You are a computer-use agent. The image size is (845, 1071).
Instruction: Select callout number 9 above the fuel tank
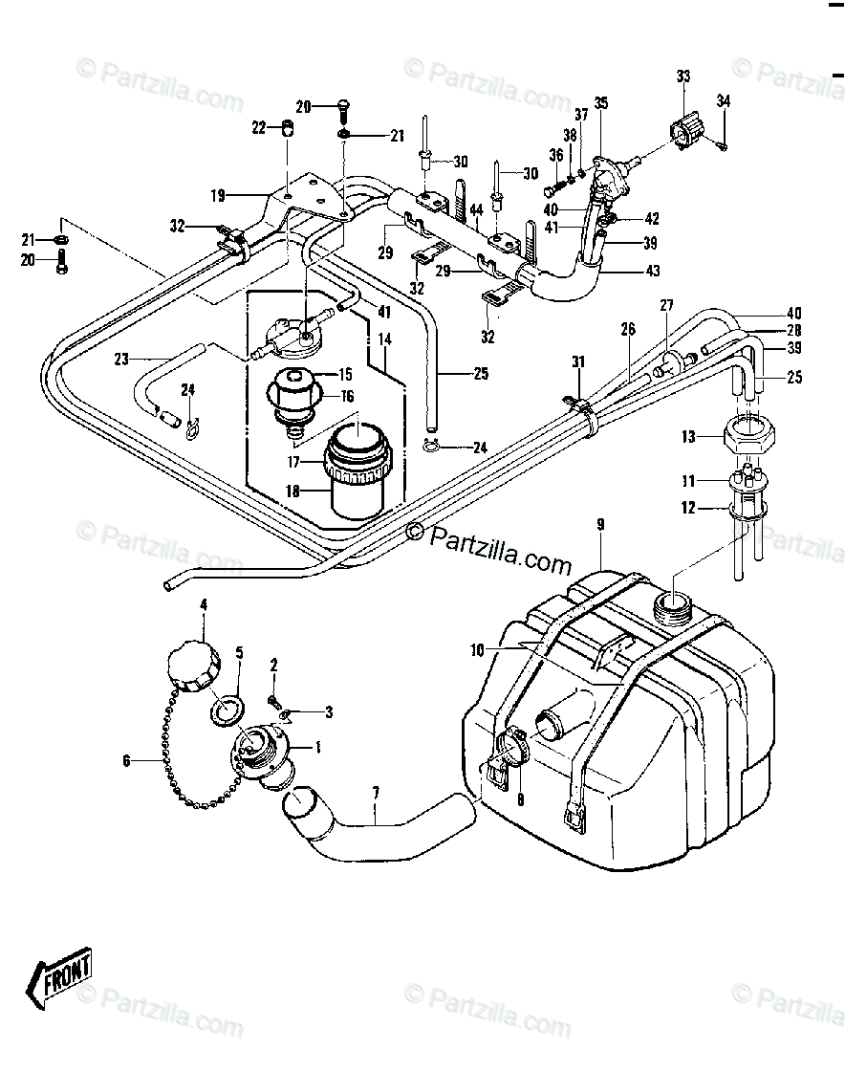[x=600, y=525]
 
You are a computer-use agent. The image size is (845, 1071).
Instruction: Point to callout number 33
[x=683, y=76]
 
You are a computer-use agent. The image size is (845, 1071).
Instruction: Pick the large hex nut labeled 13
[x=748, y=436]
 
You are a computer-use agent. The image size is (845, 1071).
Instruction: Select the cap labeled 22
[x=289, y=128]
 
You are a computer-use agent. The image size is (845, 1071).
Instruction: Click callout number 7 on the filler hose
[x=376, y=793]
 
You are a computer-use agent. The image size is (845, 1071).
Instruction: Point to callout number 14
[x=384, y=339]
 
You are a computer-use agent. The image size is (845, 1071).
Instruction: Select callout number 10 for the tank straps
[x=477, y=650]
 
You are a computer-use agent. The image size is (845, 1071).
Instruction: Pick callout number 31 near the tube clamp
[x=578, y=362]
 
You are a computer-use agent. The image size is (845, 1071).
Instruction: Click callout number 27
[x=666, y=305]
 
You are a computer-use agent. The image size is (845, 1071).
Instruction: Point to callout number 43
[x=653, y=271]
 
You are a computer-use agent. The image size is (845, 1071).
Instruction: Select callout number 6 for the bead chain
[x=126, y=760]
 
